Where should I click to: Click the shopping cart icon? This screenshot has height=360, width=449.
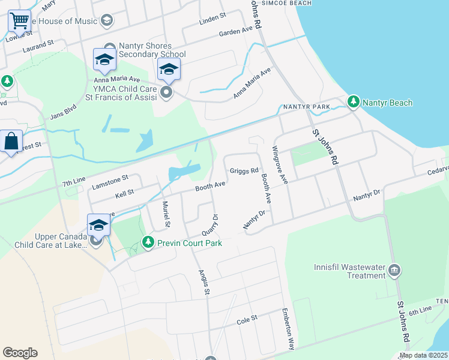[19, 21]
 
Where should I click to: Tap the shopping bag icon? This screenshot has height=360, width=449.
[11, 142]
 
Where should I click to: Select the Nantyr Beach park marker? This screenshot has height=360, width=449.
[354, 103]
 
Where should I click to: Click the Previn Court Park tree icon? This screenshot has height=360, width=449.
[148, 242]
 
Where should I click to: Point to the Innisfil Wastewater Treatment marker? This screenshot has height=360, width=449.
[394, 269]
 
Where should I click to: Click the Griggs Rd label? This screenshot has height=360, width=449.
[244, 171]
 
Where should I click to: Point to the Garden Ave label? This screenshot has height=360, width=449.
[236, 31]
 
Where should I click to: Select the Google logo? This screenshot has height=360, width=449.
[20, 353]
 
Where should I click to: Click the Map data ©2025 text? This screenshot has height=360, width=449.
[423, 355]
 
